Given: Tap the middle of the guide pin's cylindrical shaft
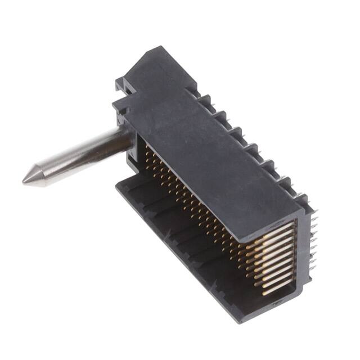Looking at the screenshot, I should click(79, 155).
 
